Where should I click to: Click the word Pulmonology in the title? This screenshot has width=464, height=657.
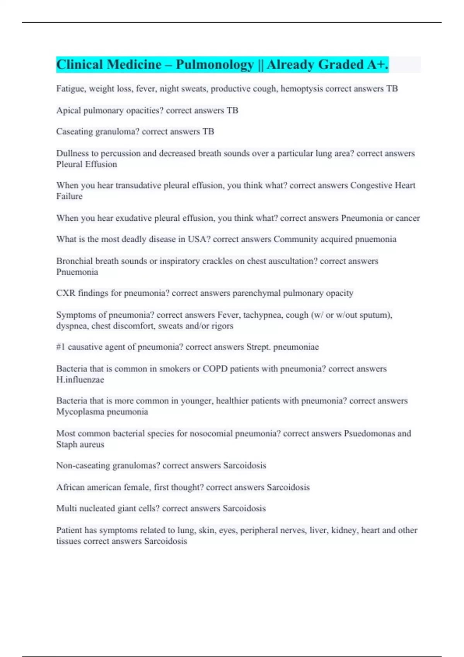tap(215, 65)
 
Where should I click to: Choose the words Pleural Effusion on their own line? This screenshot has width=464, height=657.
tap(87, 164)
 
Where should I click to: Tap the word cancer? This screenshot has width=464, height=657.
tap(408, 218)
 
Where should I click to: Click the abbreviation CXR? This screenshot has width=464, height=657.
tap(65, 293)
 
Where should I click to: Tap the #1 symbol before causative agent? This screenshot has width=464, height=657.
tap(61, 347)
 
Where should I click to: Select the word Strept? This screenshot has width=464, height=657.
tap(258, 347)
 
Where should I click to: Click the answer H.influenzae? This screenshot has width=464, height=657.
tap(80, 380)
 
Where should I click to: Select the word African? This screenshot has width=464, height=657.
tap(70, 487)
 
